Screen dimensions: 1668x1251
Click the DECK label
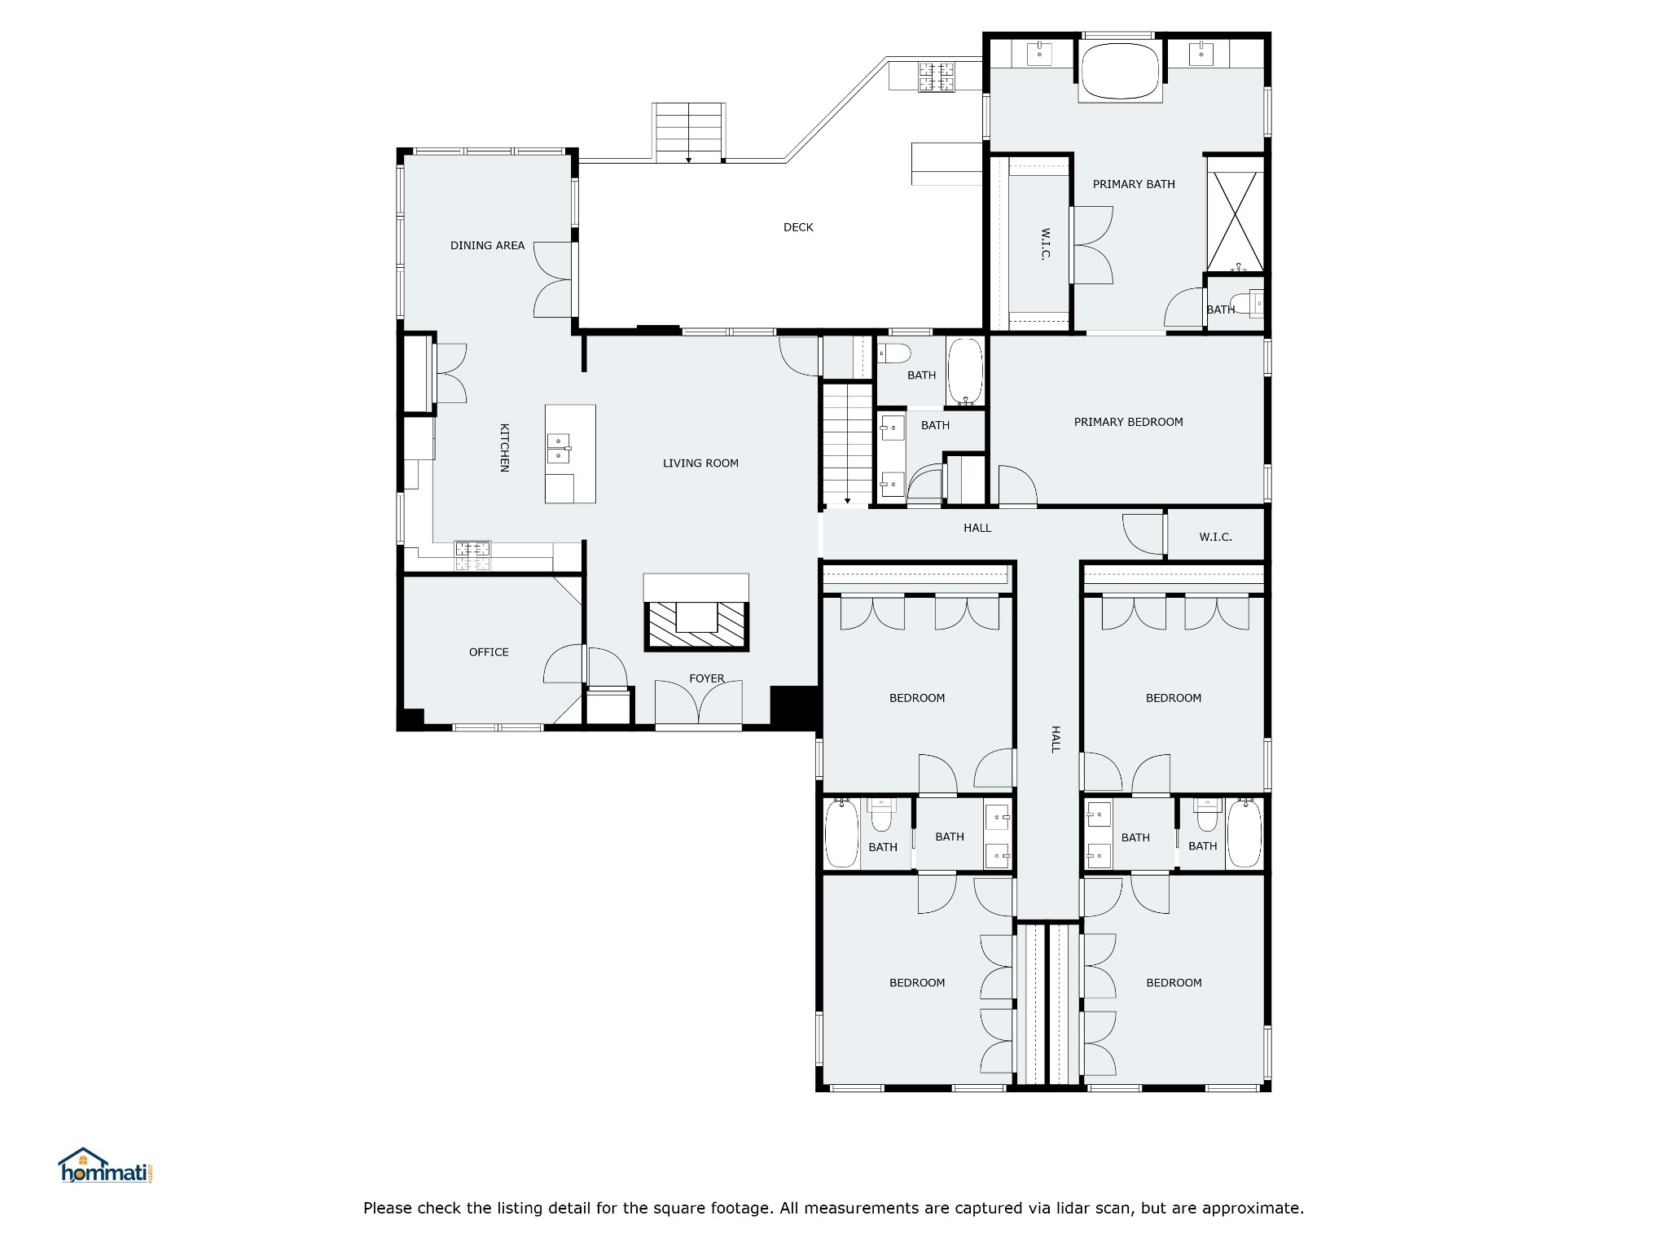(798, 227)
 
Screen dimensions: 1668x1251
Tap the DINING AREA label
(487, 245)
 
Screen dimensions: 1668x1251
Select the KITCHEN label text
(504, 447)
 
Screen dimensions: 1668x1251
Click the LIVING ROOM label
(700, 463)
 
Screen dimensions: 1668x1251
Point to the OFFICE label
(489, 652)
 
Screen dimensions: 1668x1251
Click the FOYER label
(707, 678)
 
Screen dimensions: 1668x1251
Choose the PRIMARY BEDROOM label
(1128, 422)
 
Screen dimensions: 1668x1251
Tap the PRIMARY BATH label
(1134, 184)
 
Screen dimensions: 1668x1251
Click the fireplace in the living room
(696, 625)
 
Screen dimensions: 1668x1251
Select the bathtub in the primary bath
(1120, 72)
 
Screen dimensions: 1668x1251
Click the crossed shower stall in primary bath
(1236, 221)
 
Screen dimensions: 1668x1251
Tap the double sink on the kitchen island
(558, 449)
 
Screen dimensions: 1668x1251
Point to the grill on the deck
(936, 77)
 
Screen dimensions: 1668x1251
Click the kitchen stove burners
(472, 555)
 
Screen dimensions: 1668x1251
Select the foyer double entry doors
(699, 703)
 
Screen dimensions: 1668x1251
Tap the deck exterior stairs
(689, 133)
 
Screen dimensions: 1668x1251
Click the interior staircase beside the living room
(847, 444)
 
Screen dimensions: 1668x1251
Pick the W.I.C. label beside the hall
(1215, 537)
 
